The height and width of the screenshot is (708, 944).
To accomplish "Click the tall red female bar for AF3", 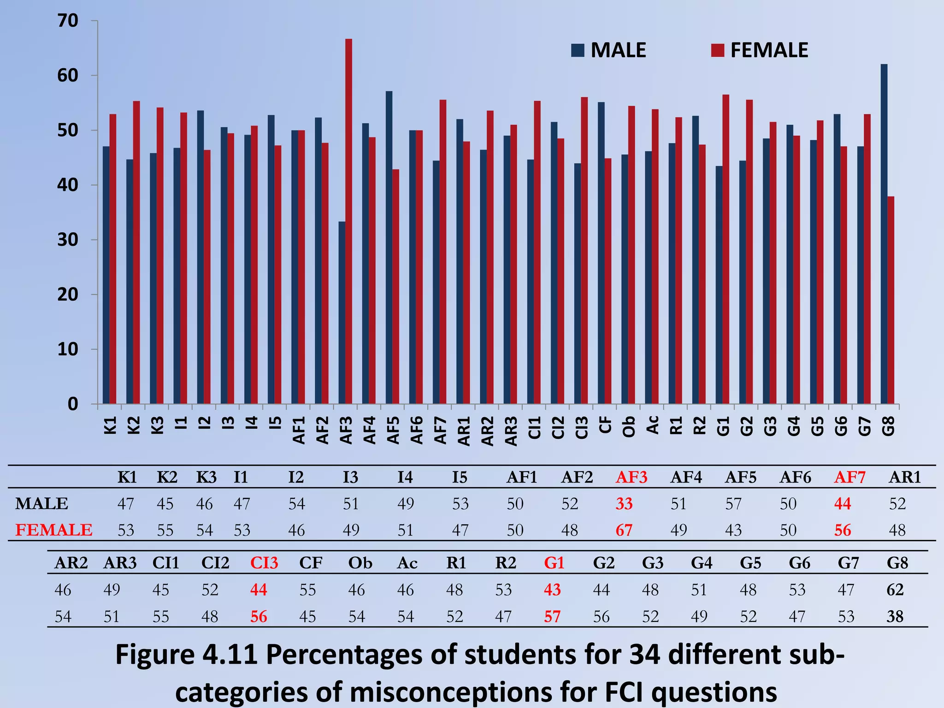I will pyautogui.click(x=348, y=221).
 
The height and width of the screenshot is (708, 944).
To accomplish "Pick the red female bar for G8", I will pyautogui.click(x=891, y=300).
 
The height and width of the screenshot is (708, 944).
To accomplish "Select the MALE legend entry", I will pyautogui.click(x=609, y=50).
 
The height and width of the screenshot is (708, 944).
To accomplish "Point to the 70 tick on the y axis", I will pyautogui.click(x=68, y=21).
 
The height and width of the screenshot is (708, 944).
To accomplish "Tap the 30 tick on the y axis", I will pyautogui.click(x=68, y=240).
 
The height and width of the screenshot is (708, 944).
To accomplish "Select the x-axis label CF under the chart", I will pyautogui.click(x=605, y=425).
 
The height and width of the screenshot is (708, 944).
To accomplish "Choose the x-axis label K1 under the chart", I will pyautogui.click(x=110, y=425).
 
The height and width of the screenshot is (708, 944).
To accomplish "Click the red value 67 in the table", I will pyautogui.click(x=624, y=530).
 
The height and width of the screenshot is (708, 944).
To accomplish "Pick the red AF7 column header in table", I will pyautogui.click(x=850, y=477).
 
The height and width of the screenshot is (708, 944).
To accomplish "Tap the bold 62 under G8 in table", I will pyautogui.click(x=895, y=590).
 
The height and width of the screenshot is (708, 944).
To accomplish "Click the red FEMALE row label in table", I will pyautogui.click(x=54, y=530).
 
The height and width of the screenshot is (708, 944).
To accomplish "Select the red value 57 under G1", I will pyautogui.click(x=552, y=616).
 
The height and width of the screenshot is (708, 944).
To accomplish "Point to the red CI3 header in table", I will pyautogui.click(x=264, y=563).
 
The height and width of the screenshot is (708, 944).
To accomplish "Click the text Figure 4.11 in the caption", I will pyautogui.click(x=186, y=655).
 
